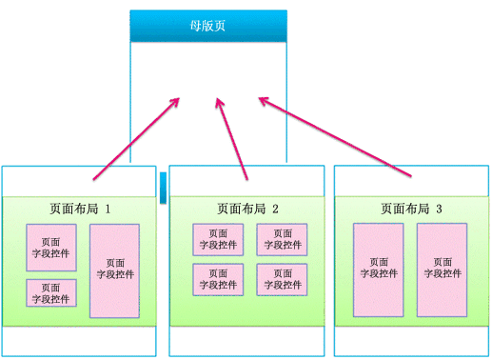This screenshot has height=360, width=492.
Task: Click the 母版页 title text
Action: point(207,26)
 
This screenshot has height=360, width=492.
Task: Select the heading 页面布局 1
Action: point(81,209)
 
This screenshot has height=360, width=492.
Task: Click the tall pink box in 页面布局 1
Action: point(115,270)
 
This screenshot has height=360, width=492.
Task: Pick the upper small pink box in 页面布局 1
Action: point(51,248)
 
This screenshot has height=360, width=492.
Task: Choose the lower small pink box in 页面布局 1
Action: point(51,293)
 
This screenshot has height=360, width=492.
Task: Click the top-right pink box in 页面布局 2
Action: point(282,239)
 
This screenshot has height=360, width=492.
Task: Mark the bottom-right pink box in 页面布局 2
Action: point(282,279)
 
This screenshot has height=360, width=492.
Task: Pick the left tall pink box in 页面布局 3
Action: point(379,270)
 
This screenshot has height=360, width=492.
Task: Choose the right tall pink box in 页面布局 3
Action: point(442,270)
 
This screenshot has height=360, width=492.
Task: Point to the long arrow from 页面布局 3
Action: point(338,136)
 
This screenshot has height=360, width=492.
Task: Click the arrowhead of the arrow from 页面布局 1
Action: point(175,100)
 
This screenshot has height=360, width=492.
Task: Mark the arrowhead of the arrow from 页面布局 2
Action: point(220,101)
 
